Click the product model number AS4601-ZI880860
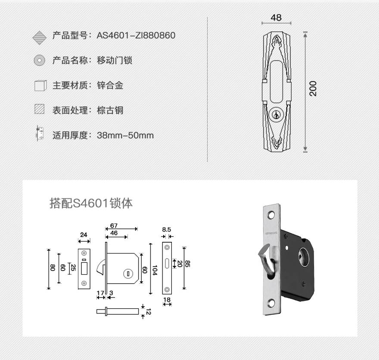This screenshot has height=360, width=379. click(136, 35)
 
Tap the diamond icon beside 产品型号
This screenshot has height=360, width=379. click(39, 38)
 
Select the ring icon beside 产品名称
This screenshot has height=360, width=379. click(39, 60)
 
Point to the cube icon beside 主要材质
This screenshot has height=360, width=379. click(40, 85)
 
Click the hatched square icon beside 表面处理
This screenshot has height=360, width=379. click(39, 109)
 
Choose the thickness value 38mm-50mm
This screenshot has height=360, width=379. click(125, 135)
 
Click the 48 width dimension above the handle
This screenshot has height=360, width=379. click(276, 18)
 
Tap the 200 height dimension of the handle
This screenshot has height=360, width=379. click(313, 89)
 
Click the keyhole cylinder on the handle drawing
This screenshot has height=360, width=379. click(275, 114)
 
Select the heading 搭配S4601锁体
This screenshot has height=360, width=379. click(91, 203)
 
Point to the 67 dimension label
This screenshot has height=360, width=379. click(114, 225)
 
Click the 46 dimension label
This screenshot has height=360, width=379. click(114, 233)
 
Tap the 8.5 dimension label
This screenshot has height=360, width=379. click(167, 229)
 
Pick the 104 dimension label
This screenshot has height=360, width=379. click(155, 270)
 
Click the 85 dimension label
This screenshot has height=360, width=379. click(187, 264)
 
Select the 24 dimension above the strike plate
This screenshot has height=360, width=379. click(84, 235)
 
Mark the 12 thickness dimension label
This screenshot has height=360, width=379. click(149, 312)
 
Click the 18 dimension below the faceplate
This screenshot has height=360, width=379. click(167, 300)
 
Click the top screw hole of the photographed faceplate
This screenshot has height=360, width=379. click(271, 215)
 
